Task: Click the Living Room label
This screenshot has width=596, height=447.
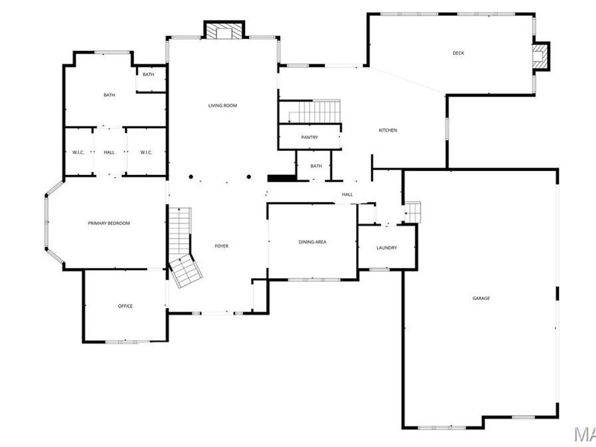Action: [x=223, y=105]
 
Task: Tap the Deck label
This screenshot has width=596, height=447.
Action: [x=458, y=53]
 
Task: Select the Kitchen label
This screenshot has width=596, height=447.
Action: [x=388, y=130]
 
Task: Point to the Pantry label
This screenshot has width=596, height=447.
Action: [x=309, y=138]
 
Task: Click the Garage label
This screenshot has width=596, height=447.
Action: [x=481, y=299]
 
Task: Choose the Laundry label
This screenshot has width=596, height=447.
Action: [x=387, y=248]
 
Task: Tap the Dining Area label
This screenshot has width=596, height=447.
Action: [x=313, y=242]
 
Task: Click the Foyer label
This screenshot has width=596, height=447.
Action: [x=222, y=246]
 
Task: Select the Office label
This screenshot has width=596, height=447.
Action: [x=125, y=306]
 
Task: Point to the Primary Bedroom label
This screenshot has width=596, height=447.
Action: [x=109, y=223]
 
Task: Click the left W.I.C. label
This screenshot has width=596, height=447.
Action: [x=77, y=152]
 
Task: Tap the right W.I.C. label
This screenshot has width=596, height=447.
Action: [x=146, y=152]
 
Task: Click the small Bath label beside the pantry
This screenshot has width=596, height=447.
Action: [x=316, y=166]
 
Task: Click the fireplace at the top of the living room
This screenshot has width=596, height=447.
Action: [x=224, y=30]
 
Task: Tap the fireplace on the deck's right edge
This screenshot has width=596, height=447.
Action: [x=542, y=56]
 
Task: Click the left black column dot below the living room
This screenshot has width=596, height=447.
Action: [x=191, y=177]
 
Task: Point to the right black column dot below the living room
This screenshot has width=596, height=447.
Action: [x=249, y=177]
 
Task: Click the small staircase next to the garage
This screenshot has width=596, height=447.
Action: [x=413, y=212]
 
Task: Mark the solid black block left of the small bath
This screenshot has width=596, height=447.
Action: [x=280, y=177]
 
